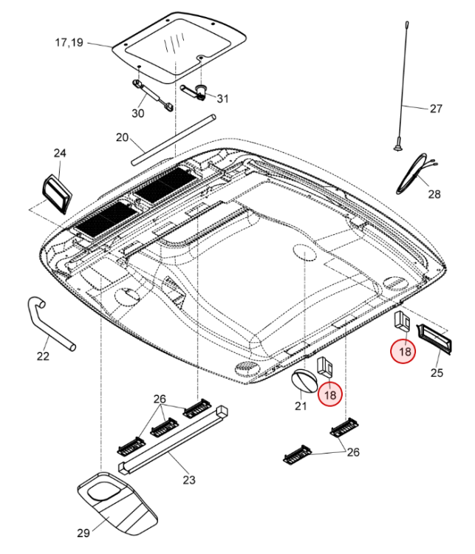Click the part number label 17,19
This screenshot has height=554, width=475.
pyautogui.click(x=69, y=44)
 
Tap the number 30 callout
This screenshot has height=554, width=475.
pyautogui.click(x=138, y=113)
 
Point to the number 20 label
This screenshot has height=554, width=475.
pyautogui.click(x=123, y=137)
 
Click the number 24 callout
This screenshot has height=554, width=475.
pyautogui.click(x=60, y=154)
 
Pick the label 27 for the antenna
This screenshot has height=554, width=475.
pyautogui.click(x=436, y=109)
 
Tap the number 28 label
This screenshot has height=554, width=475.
pyautogui.click(x=434, y=194)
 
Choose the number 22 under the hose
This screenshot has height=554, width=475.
pyautogui.click(x=43, y=357)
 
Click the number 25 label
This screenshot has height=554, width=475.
pyautogui.click(x=437, y=372)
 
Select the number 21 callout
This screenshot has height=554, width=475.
pyautogui.click(x=301, y=406)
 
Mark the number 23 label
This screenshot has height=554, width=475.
pyautogui.click(x=189, y=480)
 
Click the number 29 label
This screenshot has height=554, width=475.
pyautogui.click(x=83, y=533)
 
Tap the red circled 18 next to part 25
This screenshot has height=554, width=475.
pyautogui.click(x=404, y=352)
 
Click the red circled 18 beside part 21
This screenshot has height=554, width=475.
pyautogui.click(x=330, y=395)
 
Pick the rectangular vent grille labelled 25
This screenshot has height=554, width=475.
pyautogui.click(x=433, y=336)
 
